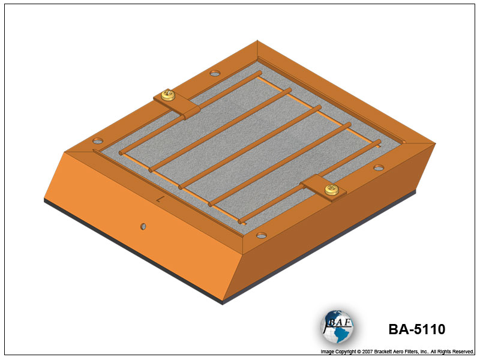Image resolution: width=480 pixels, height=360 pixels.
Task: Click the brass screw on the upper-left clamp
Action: (168, 95)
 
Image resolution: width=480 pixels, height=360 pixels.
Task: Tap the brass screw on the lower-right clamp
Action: (331, 190)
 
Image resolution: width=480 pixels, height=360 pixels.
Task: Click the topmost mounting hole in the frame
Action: (215, 73)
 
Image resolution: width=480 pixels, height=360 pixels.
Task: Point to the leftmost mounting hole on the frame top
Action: (98, 141)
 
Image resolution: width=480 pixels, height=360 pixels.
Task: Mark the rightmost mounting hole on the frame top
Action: (379, 168)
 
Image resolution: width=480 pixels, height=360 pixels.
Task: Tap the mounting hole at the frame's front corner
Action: (262, 235)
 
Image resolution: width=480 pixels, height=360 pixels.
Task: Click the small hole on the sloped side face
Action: (143, 227)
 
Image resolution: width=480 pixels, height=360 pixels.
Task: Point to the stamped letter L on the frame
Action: (160, 199)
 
